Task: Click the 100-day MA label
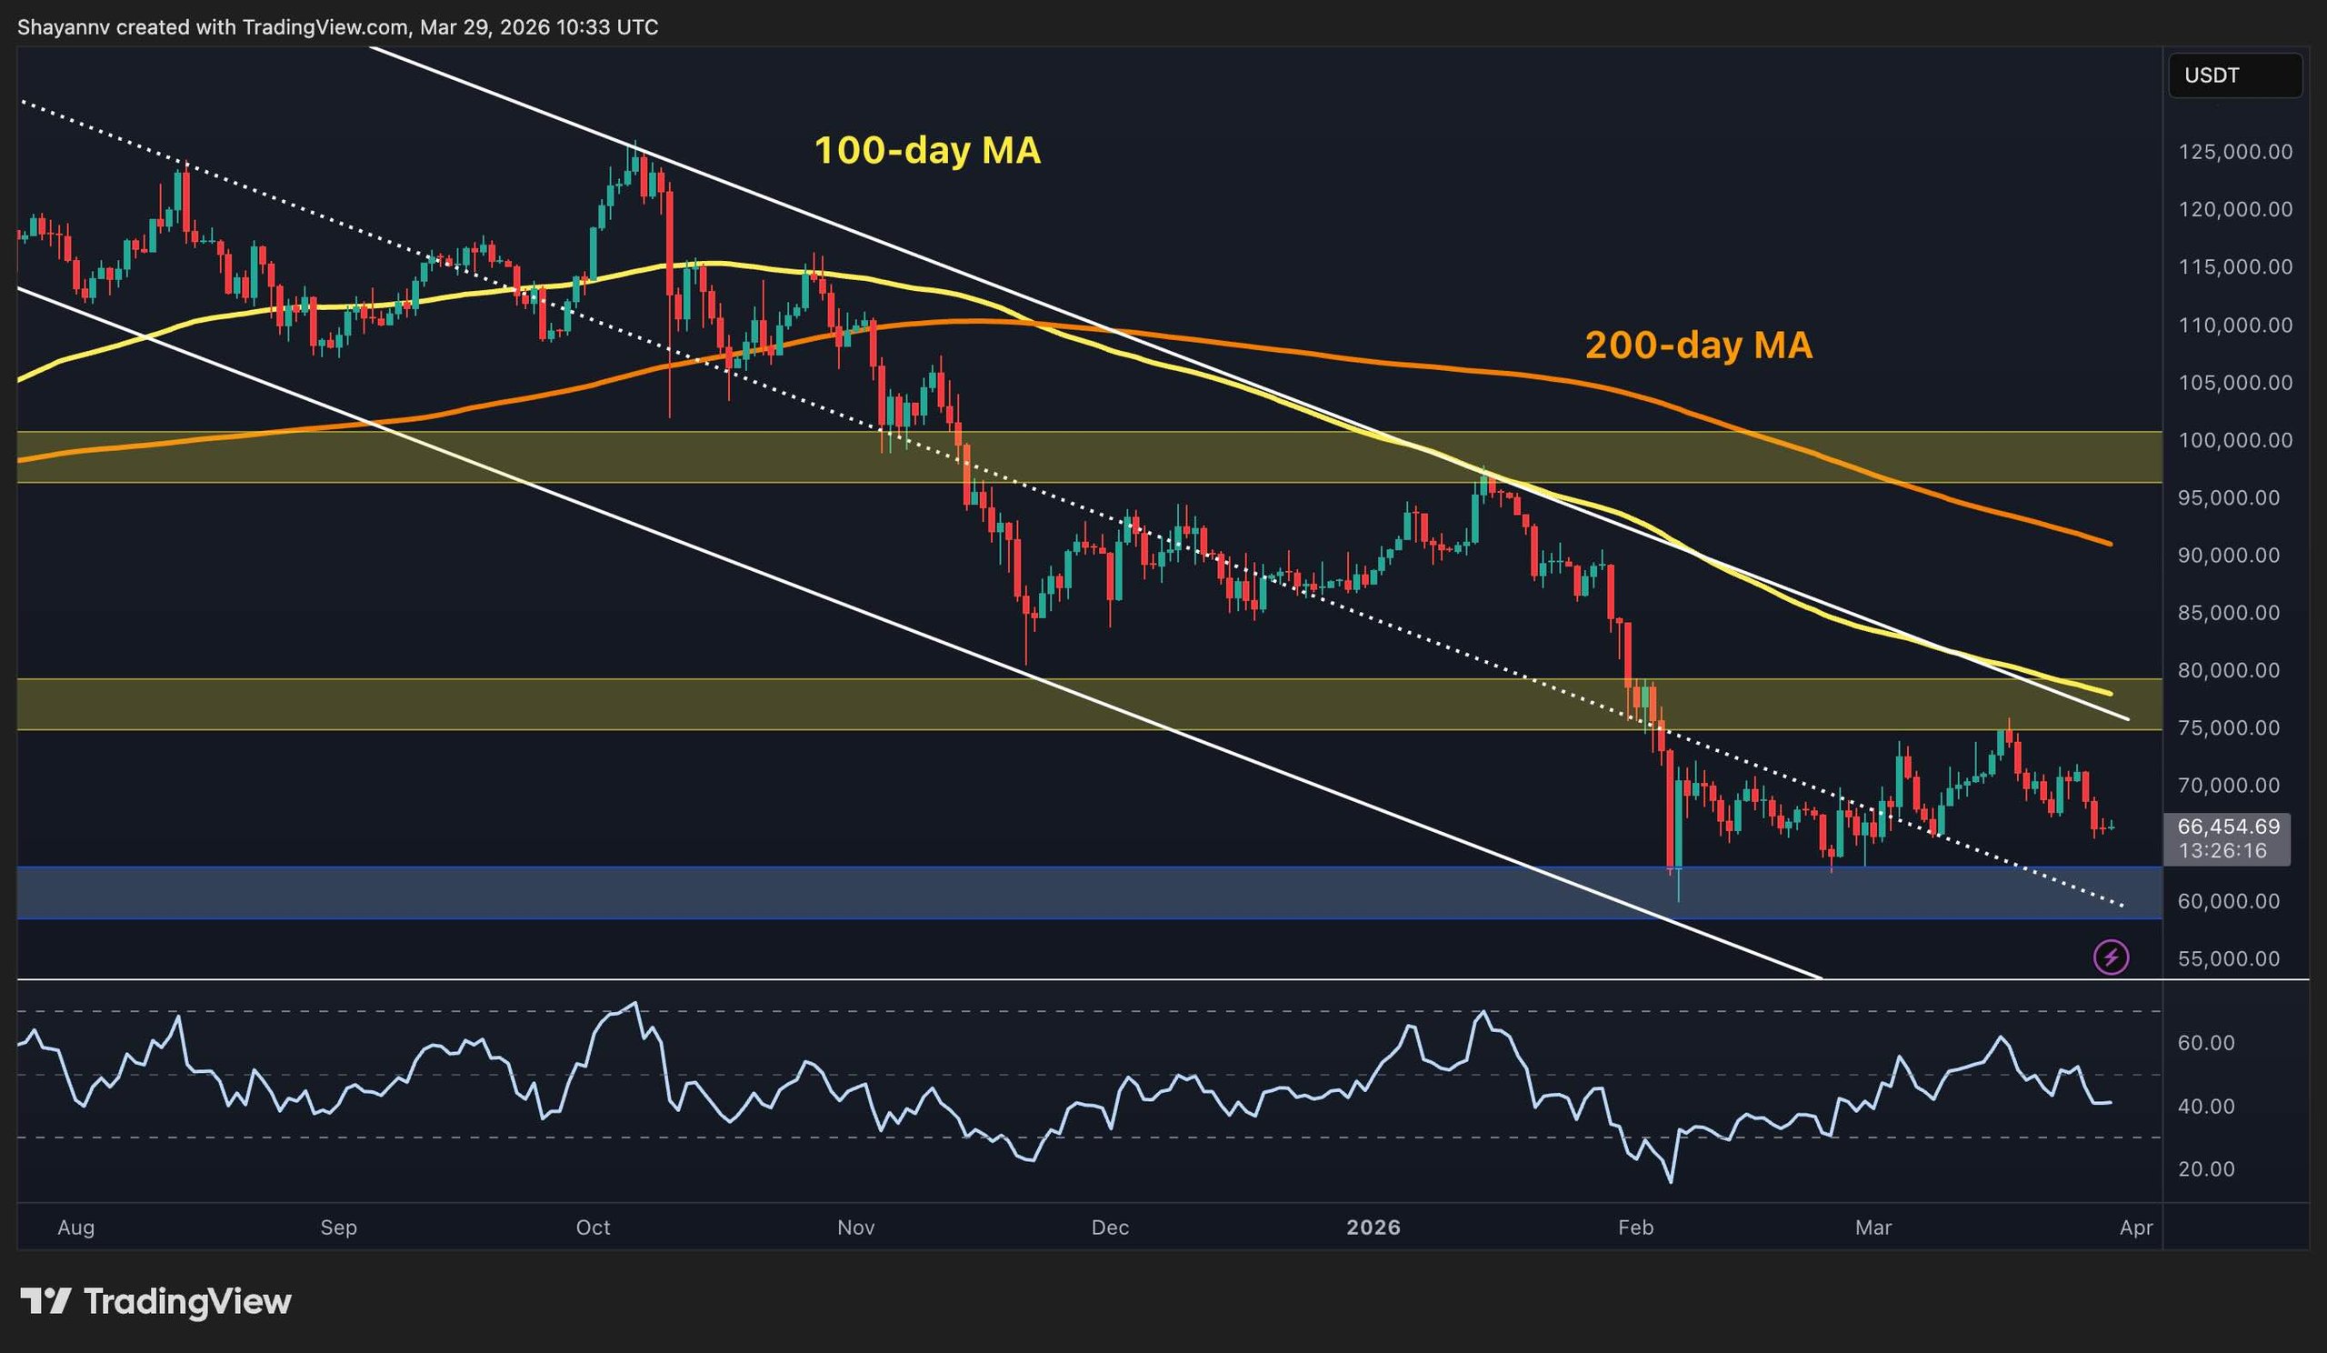(926, 151)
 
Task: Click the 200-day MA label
(1698, 346)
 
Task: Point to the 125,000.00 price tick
(2234, 152)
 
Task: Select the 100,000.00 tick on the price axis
(2234, 440)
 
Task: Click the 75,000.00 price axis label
(2234, 727)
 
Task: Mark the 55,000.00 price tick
(2234, 958)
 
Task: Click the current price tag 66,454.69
(2227, 827)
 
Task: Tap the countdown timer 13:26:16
(2222, 850)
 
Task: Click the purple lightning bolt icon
(2111, 957)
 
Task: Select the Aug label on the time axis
(75, 1228)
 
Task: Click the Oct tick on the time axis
(593, 1228)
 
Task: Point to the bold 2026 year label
(1373, 1228)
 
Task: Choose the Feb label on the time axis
(1635, 1228)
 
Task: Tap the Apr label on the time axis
(2137, 1228)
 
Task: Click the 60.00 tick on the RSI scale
(2207, 1043)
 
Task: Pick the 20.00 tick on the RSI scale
(2207, 1169)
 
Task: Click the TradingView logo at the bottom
(156, 1301)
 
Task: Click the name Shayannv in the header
(64, 27)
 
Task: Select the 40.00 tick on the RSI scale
(2207, 1107)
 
